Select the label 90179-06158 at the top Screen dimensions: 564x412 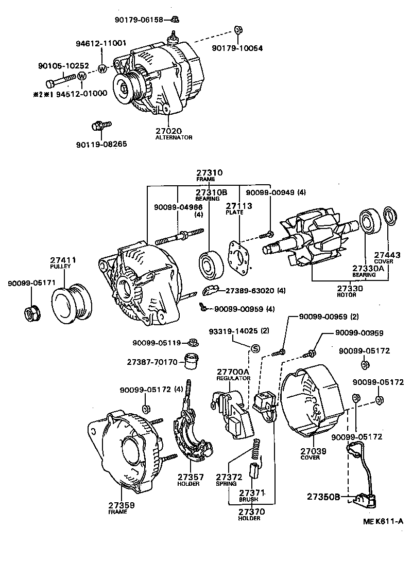139,20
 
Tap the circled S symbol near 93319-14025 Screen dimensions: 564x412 254,348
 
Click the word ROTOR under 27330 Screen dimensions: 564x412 350,295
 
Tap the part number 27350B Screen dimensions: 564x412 324,497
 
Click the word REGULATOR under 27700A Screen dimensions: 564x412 233,378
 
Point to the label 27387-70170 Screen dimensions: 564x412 152,362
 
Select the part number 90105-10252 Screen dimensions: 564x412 63,66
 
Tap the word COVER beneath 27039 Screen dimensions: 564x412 313,457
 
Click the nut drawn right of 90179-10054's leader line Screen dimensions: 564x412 238,30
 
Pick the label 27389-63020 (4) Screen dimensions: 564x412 255,291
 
